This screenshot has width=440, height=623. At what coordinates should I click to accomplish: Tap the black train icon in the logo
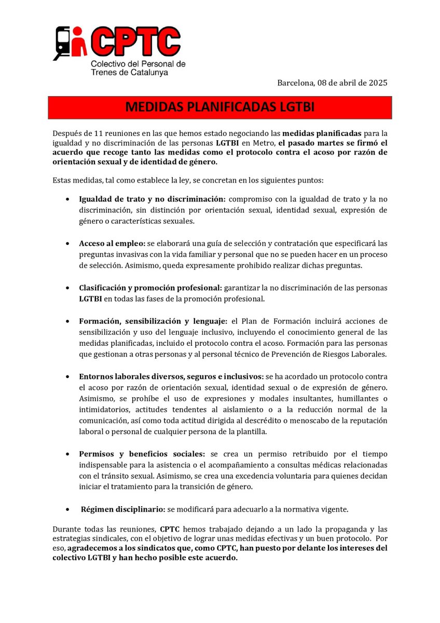click(63, 43)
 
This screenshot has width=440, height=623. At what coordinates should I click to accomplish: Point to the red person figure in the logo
click(79, 44)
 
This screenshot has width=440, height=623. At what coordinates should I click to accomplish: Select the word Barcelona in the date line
click(296, 83)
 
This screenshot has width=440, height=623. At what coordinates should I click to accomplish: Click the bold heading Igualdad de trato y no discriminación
click(152, 199)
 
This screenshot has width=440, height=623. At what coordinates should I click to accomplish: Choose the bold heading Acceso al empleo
click(112, 243)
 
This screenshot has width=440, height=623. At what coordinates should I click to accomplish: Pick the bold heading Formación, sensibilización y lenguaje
click(153, 321)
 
